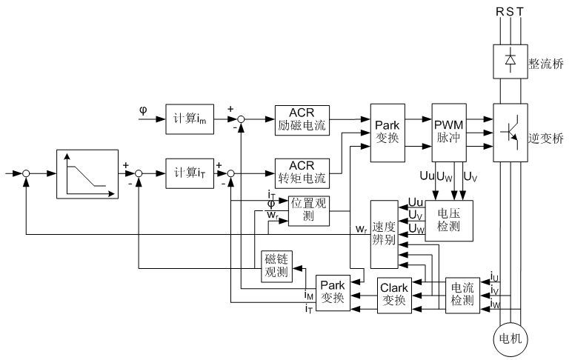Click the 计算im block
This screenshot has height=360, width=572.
click(191, 119)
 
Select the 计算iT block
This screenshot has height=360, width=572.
click(191, 173)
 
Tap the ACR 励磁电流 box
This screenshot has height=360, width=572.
click(302, 117)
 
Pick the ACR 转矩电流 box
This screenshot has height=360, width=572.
click(302, 173)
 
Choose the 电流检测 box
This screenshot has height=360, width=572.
click(464, 296)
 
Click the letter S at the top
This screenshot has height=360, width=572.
click(511, 13)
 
